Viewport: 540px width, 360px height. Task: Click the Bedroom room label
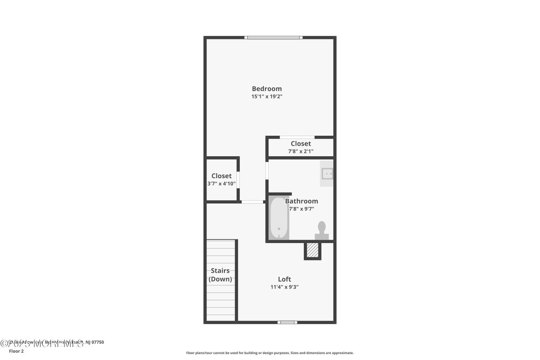(x=267, y=89)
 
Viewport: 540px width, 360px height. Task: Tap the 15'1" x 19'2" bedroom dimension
(x=267, y=96)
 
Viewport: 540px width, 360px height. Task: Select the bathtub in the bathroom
(x=279, y=218)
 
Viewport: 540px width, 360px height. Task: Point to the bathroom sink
(x=327, y=173)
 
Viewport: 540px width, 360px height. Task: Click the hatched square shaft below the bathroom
(x=313, y=250)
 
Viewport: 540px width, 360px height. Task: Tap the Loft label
(x=284, y=279)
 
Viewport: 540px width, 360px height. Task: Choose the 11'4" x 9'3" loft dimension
(x=284, y=287)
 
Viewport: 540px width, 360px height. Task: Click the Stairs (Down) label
(x=220, y=275)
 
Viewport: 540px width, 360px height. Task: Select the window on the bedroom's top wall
(x=273, y=38)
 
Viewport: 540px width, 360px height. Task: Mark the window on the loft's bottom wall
(x=287, y=322)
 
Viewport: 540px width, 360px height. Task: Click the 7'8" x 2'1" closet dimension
(x=300, y=151)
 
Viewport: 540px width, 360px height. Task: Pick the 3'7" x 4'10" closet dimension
(x=221, y=184)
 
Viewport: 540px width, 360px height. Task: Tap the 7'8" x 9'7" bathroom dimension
(x=301, y=209)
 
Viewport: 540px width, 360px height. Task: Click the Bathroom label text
(x=301, y=201)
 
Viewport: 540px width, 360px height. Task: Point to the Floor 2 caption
(x=16, y=351)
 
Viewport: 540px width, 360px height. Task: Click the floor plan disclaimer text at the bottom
(x=270, y=353)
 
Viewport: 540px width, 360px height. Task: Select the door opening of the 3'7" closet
(x=238, y=180)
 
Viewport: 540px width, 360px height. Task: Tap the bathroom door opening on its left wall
(x=267, y=171)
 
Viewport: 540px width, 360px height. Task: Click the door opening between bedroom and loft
(x=253, y=202)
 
